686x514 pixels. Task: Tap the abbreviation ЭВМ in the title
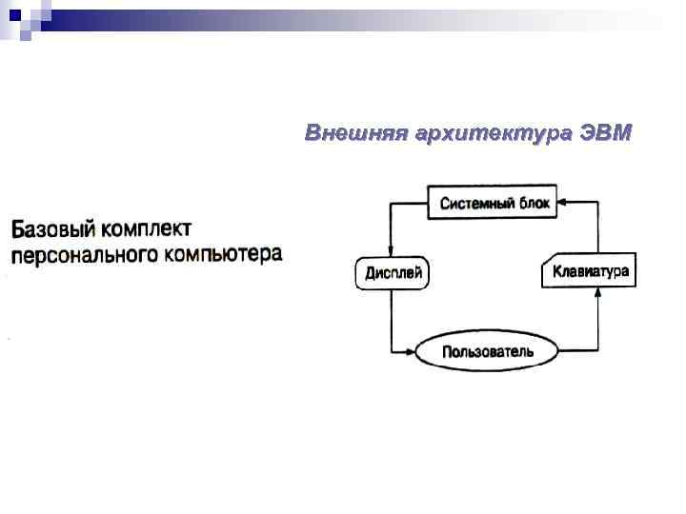(604, 132)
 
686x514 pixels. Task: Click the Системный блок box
(493, 203)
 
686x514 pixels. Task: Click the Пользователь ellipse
(487, 351)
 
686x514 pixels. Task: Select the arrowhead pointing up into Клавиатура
(597, 295)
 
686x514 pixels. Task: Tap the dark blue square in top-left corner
(14, 13)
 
